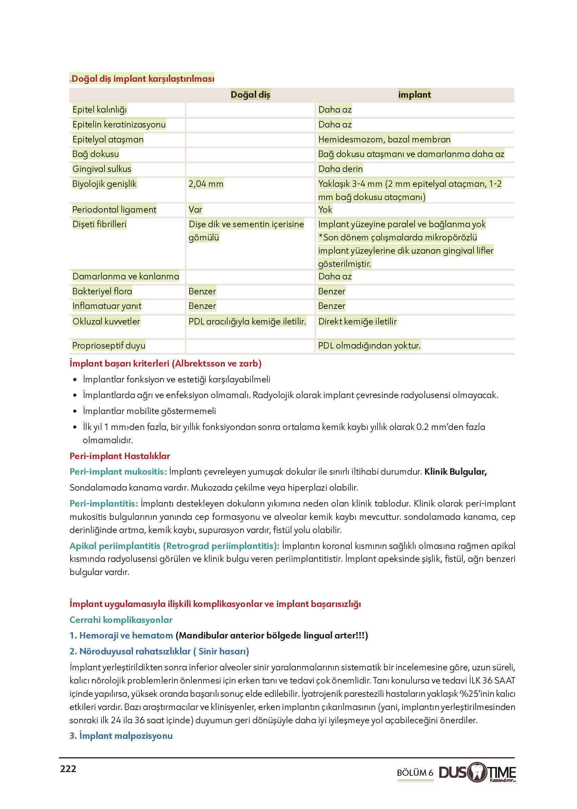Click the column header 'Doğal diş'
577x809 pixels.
250,95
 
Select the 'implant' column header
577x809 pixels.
414,95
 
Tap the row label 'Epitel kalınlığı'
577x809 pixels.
99,110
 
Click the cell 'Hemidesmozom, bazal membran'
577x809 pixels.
384,139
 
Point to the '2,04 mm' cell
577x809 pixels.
206,184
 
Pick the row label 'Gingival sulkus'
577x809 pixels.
102,169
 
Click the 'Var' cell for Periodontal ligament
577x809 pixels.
195,210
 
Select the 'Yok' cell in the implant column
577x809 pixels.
325,210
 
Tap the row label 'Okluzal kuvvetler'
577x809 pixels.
106,321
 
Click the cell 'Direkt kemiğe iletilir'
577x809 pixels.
357,321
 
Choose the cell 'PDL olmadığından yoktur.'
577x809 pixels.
369,345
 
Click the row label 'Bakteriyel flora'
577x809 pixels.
102,291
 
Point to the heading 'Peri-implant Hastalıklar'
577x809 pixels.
120,456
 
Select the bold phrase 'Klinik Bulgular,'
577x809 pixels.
456,472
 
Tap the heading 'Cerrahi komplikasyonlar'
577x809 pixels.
121,620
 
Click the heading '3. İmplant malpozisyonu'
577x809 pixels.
121,735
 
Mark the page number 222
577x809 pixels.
68,769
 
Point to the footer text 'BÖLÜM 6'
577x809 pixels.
415,773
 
